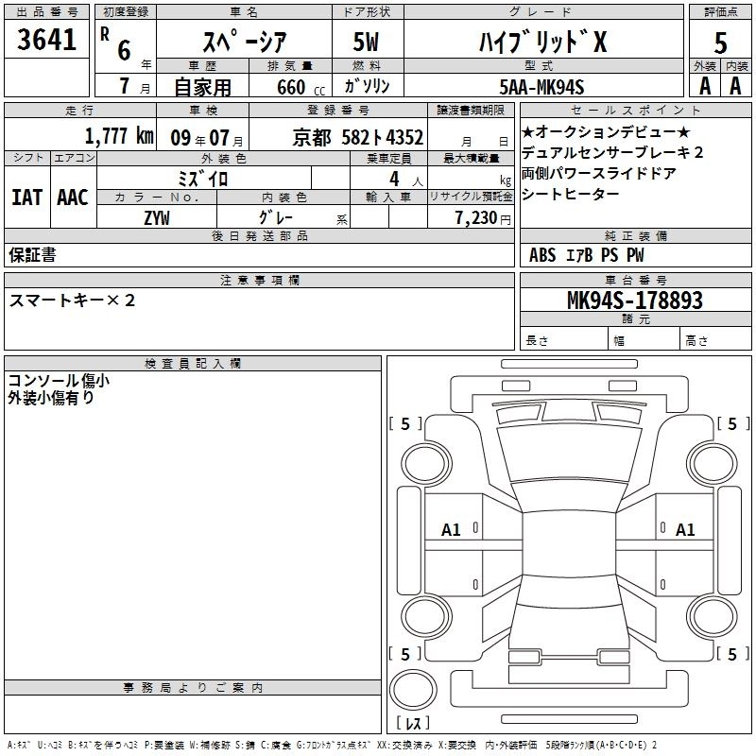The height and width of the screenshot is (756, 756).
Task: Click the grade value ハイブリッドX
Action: point(554,42)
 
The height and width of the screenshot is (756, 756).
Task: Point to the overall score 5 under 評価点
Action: point(720,43)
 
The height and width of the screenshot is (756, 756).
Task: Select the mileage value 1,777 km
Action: point(118,135)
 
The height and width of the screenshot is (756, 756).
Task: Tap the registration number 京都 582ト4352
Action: point(358,136)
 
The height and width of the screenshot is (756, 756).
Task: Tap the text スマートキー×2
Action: point(72,301)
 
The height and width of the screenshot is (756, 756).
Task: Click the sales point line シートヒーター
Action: point(571,194)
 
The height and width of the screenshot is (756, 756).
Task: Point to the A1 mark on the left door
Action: point(452,530)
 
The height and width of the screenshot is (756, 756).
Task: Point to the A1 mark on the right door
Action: point(685,530)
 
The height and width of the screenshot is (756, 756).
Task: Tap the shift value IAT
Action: point(26,198)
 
